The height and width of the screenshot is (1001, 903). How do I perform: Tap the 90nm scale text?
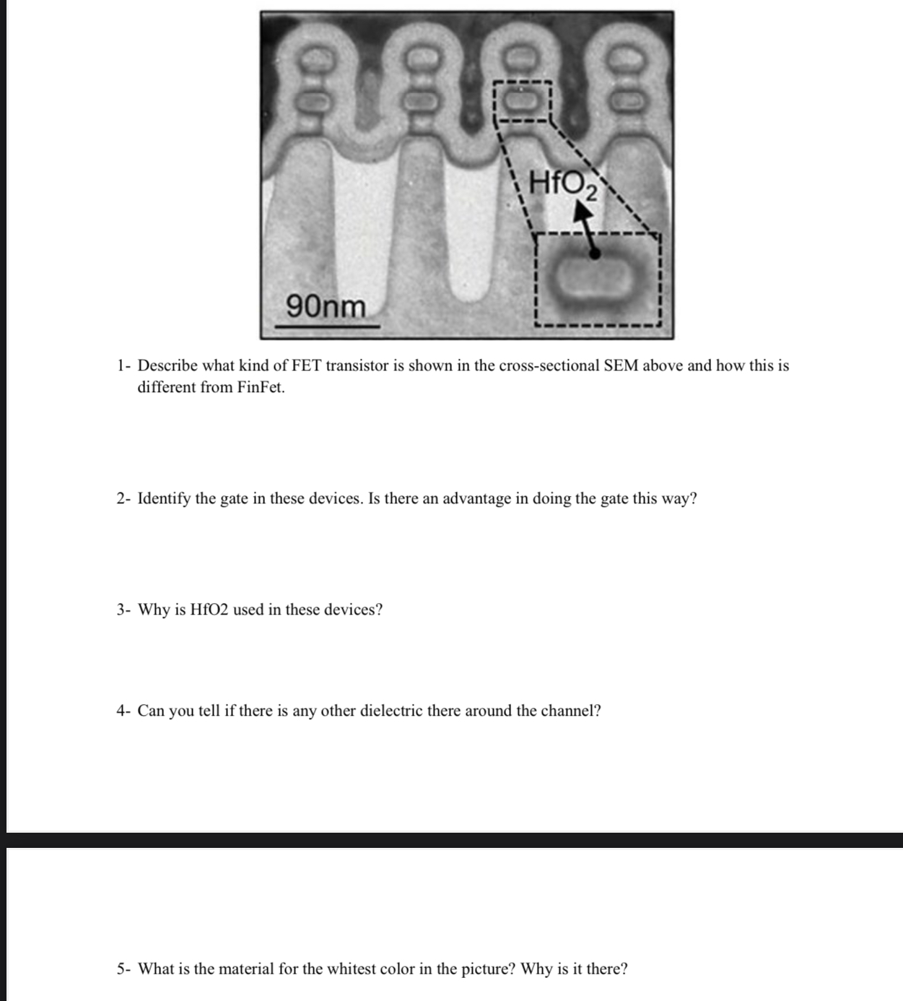pyautogui.click(x=326, y=306)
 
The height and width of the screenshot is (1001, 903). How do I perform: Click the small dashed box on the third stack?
pyautogui.click(x=521, y=101)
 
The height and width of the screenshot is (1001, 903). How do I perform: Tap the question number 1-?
pyautogui.click(x=123, y=365)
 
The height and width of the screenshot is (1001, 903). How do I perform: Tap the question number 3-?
pyautogui.click(x=123, y=610)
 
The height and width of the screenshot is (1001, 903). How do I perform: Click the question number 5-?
pyautogui.click(x=123, y=968)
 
